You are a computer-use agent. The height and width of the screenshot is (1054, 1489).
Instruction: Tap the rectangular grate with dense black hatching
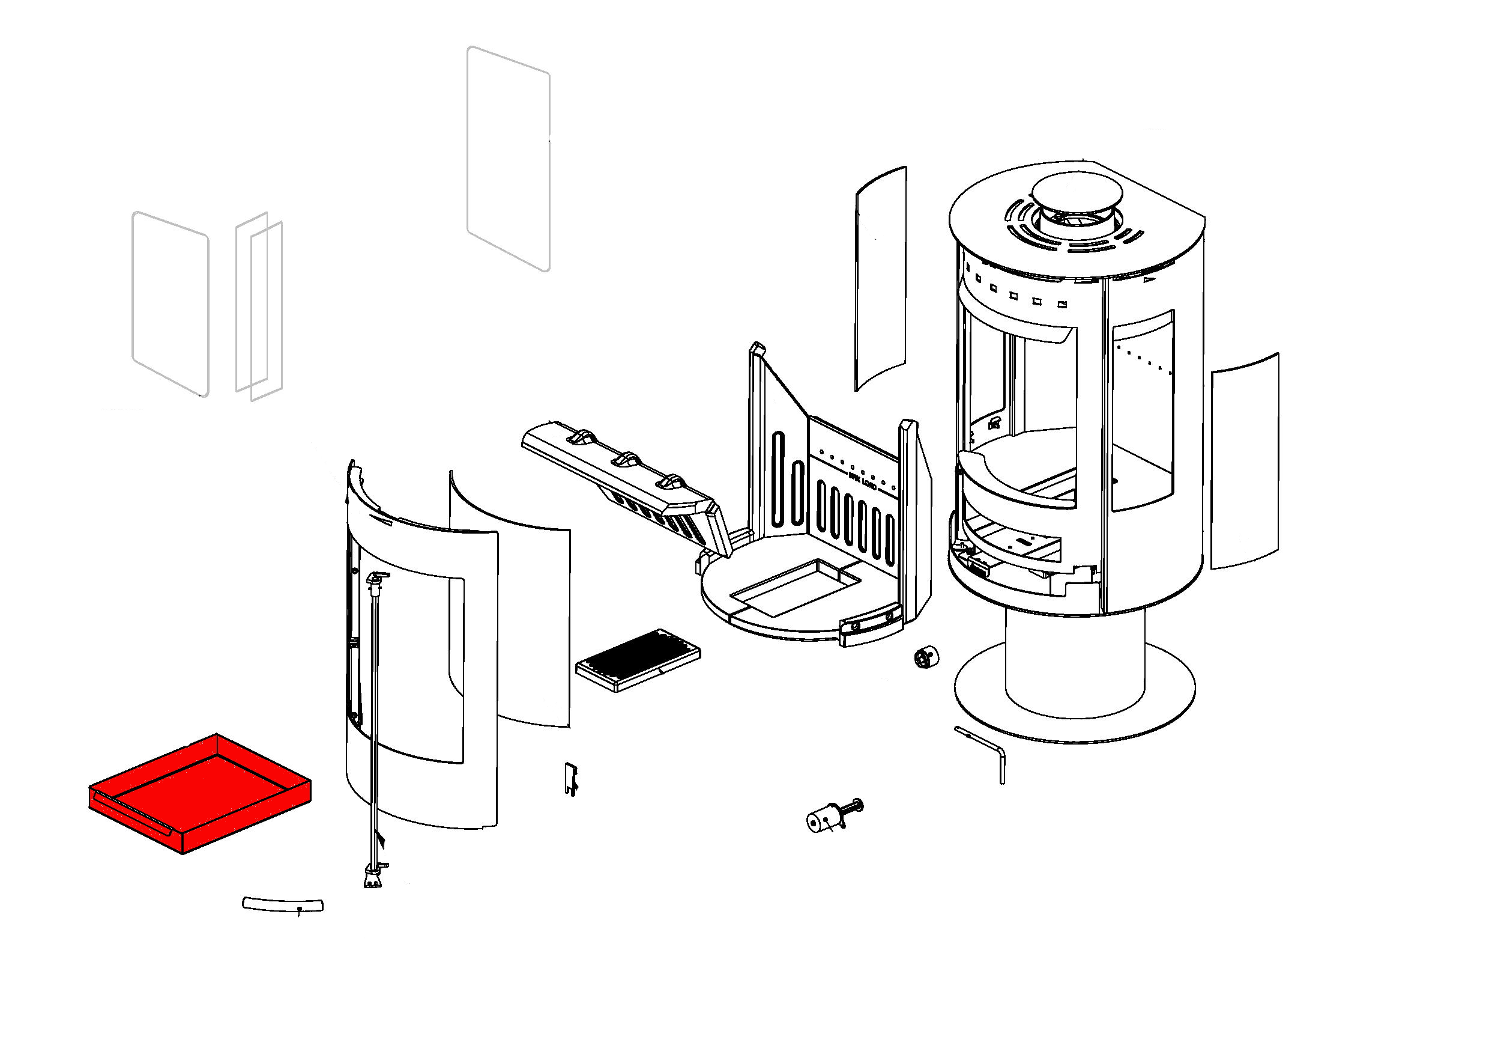pos(638,659)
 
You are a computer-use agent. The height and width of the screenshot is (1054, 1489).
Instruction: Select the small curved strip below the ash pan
pos(283,904)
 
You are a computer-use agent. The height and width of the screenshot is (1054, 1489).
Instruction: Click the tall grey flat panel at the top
pos(509,157)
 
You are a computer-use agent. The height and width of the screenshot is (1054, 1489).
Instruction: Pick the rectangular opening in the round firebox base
pos(794,586)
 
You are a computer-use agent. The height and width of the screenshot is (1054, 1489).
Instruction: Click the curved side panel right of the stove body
pos(1245,460)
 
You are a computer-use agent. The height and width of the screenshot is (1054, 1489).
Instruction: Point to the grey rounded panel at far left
pos(171,303)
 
